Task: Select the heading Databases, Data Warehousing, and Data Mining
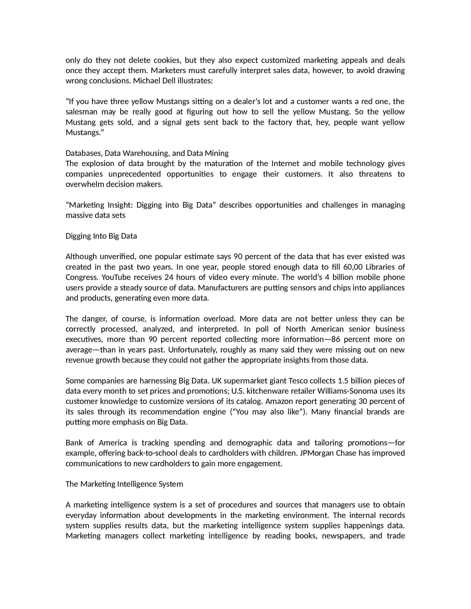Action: pyautogui.click(x=147, y=153)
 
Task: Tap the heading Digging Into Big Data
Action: pyautogui.click(x=101, y=236)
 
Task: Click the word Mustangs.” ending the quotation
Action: pyautogui.click(x=84, y=132)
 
